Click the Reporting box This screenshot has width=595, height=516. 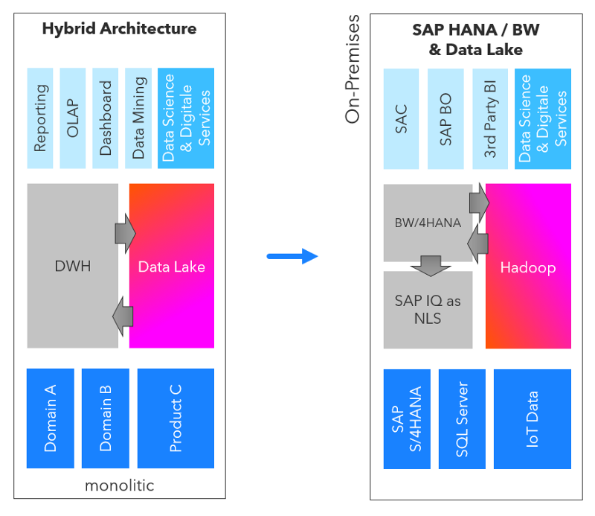click(x=41, y=118)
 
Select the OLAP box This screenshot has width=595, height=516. click(x=73, y=118)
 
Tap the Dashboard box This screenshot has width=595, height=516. click(x=106, y=118)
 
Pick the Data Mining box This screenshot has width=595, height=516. click(x=138, y=118)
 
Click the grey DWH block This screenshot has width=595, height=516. click(x=72, y=266)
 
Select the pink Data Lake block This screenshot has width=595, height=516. click(x=172, y=266)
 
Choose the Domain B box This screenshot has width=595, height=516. click(x=106, y=418)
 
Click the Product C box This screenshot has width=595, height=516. click(x=176, y=418)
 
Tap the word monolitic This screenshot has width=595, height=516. click(x=120, y=485)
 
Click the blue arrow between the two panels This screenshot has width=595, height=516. click(x=292, y=257)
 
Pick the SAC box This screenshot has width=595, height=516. click(x=402, y=118)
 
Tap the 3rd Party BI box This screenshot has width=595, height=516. click(x=490, y=118)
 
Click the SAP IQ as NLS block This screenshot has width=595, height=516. click(x=428, y=310)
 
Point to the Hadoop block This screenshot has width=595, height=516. click(x=528, y=267)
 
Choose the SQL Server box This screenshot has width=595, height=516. click(x=462, y=418)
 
